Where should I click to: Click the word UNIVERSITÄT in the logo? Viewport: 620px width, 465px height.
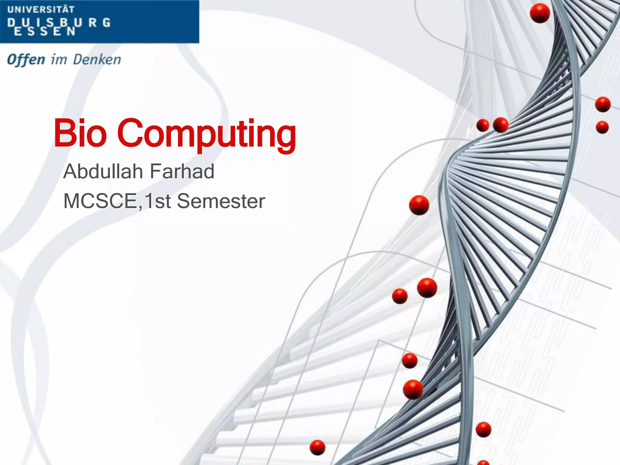click(41, 9)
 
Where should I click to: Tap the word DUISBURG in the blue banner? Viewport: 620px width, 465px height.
click(59, 22)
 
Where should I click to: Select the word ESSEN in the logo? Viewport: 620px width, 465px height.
click(45, 31)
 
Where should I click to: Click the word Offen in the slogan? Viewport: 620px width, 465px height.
click(26, 59)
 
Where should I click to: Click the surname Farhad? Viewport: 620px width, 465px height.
click(182, 171)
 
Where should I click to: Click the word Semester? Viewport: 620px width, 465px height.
click(221, 201)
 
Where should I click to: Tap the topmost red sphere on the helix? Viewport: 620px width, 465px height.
click(540, 13)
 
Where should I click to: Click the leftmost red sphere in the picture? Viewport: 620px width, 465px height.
click(318, 447)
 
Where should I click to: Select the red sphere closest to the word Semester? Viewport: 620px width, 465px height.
click(419, 205)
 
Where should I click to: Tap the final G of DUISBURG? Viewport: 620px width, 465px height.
click(106, 22)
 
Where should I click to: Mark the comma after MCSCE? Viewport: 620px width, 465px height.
click(140, 207)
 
